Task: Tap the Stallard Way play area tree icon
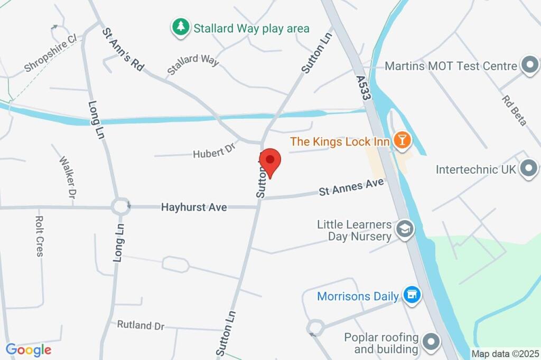click(181, 27)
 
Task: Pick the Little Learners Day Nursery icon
click(405, 230)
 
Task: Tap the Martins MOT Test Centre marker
click(528, 66)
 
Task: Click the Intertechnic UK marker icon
click(528, 169)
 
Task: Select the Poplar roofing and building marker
click(432, 342)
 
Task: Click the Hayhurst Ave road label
click(194, 207)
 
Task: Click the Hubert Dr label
click(214, 151)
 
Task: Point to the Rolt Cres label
click(39, 236)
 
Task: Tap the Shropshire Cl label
click(51, 54)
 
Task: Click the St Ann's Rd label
click(123, 49)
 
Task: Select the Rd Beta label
click(514, 110)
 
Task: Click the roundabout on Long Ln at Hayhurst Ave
click(120, 206)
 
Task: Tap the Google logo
click(29, 349)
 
